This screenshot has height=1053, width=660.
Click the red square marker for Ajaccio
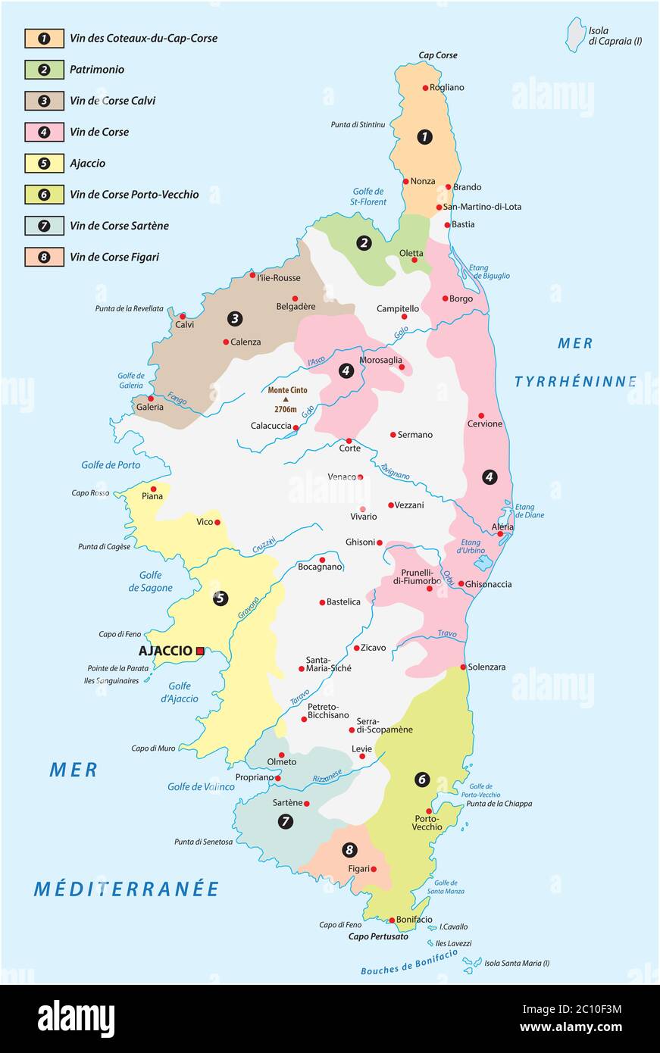click(x=200, y=651)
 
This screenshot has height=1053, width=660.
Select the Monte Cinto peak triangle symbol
click(x=286, y=399)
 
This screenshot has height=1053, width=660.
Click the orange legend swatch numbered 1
click(x=44, y=38)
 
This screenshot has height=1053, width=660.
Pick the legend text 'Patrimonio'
click(x=97, y=70)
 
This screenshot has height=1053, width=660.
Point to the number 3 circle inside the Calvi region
click(x=236, y=319)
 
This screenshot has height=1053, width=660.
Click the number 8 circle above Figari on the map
click(x=349, y=850)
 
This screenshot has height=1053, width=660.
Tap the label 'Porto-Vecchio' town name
click(x=427, y=823)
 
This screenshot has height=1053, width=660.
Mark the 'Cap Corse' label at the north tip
click(x=438, y=55)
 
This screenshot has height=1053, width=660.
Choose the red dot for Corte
click(x=349, y=440)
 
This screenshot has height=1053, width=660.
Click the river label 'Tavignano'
click(x=395, y=471)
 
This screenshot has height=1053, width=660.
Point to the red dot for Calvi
click(x=183, y=316)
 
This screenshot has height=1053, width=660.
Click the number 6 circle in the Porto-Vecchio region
click(x=422, y=779)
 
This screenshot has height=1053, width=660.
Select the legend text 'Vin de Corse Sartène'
click(x=119, y=226)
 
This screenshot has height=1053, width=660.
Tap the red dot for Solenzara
click(x=463, y=667)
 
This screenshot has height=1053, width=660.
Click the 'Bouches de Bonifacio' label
click(x=409, y=962)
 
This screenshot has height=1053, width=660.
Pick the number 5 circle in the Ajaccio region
click(x=220, y=598)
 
